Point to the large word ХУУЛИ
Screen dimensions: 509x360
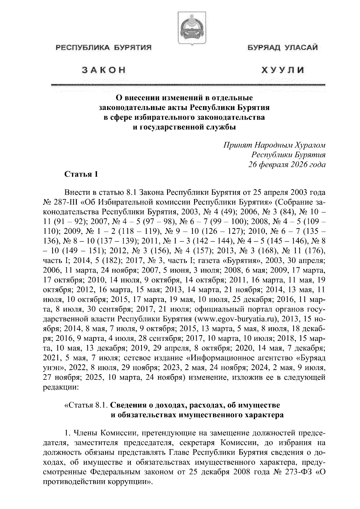point(283,70)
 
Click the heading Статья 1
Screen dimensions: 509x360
point(81,174)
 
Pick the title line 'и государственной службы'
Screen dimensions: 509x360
point(184,127)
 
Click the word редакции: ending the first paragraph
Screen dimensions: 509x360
point(61,387)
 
